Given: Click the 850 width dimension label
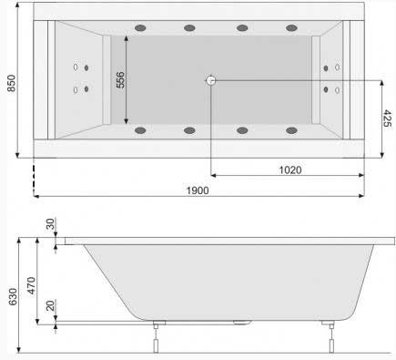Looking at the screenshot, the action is coord(11,83).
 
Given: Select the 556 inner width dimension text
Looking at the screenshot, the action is coord(120,79).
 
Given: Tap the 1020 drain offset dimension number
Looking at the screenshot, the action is coord(290,170).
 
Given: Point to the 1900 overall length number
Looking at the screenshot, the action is coord(198,190).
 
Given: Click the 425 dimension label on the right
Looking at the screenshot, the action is coord(388,118).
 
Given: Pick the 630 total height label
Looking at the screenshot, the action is coord(13,297).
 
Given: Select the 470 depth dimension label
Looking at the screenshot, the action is coord(32,285).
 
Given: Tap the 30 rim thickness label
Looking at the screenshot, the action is coord(50,224).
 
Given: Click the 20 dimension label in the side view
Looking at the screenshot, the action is coord(50,305).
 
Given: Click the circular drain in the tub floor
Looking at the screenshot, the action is coord(210,80).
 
